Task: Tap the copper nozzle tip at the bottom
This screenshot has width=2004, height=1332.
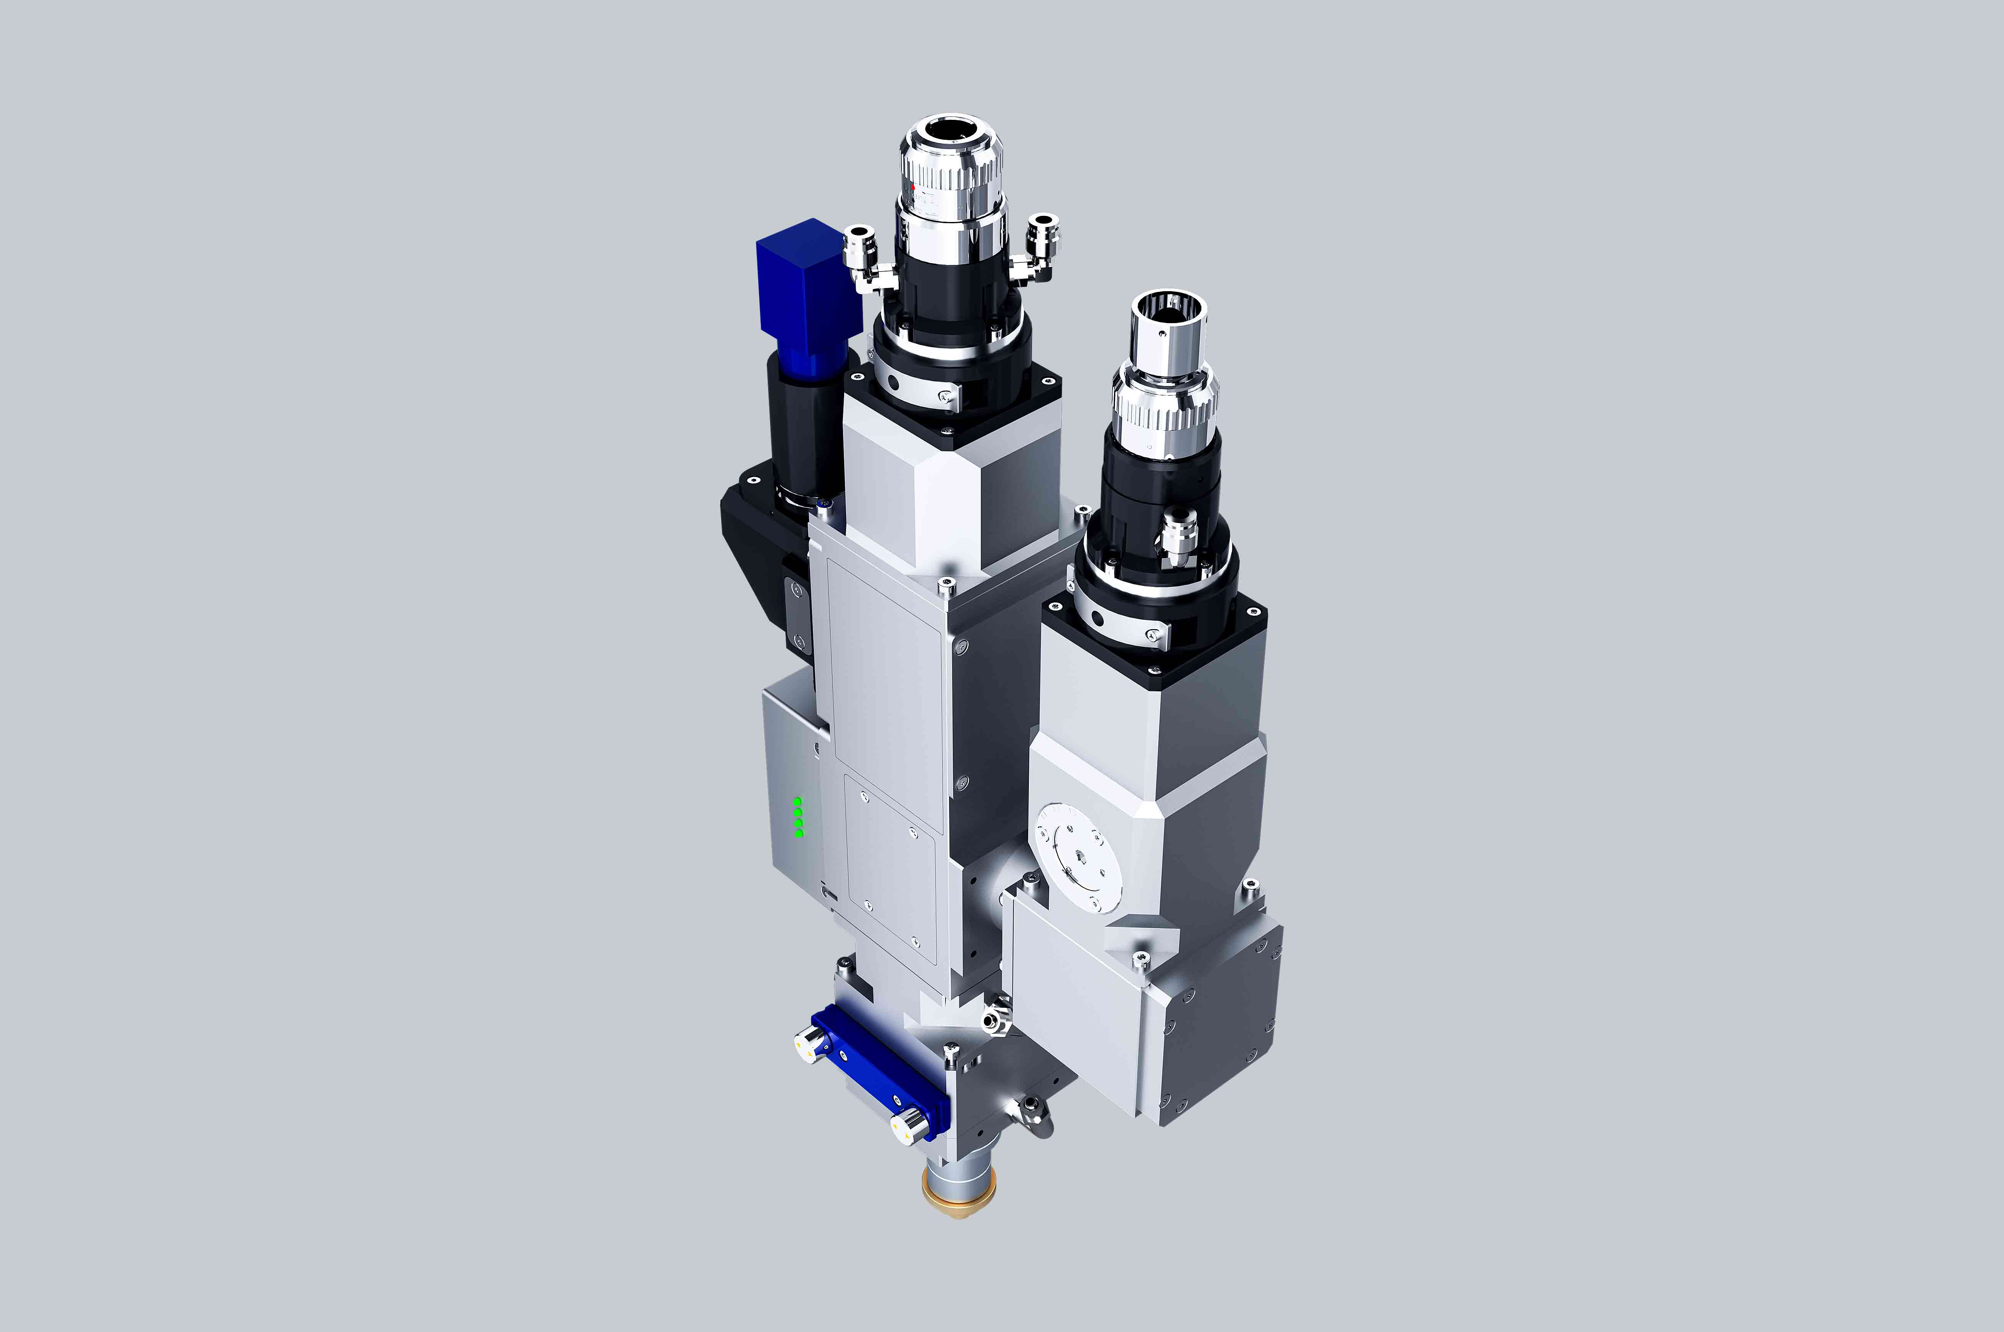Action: (x=958, y=1202)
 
